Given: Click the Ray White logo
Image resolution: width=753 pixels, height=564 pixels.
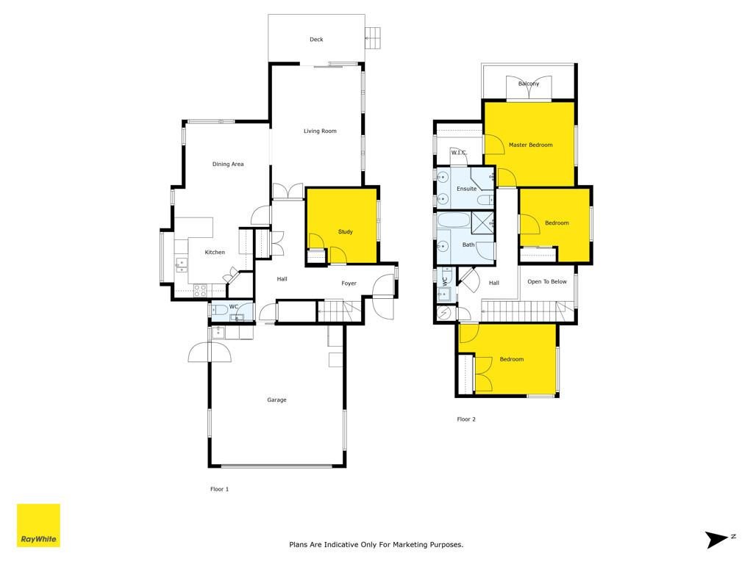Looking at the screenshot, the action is (38, 525).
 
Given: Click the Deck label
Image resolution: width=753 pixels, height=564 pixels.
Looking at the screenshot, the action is (316, 40).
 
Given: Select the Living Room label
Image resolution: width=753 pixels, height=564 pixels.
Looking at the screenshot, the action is (320, 131).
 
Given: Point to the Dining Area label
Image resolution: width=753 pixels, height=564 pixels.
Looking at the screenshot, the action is (228, 164).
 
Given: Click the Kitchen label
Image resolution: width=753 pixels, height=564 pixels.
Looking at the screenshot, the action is (215, 253).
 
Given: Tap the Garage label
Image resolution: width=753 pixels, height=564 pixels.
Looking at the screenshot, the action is (276, 400).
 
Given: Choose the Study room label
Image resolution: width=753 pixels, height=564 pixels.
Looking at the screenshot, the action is (346, 231).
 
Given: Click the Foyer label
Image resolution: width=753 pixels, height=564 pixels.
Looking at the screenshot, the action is (349, 283).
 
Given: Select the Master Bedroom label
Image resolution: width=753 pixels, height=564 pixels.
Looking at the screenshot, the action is (531, 145).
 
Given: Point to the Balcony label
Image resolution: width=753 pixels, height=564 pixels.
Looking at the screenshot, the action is (529, 84).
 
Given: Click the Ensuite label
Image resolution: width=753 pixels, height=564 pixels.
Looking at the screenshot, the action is (467, 189).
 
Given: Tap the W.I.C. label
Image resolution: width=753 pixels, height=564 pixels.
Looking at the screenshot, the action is (459, 153).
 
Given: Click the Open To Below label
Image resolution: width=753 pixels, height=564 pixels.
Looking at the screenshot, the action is (547, 281).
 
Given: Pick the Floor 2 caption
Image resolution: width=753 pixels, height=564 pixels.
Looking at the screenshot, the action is (466, 419).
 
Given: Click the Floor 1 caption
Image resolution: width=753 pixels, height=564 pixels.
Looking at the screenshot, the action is (219, 489).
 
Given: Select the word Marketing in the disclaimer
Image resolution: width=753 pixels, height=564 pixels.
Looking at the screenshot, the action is (410, 545).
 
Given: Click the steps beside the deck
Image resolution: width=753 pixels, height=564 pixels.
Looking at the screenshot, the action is (373, 38).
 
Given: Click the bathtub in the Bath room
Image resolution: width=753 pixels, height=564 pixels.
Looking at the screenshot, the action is (453, 220).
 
